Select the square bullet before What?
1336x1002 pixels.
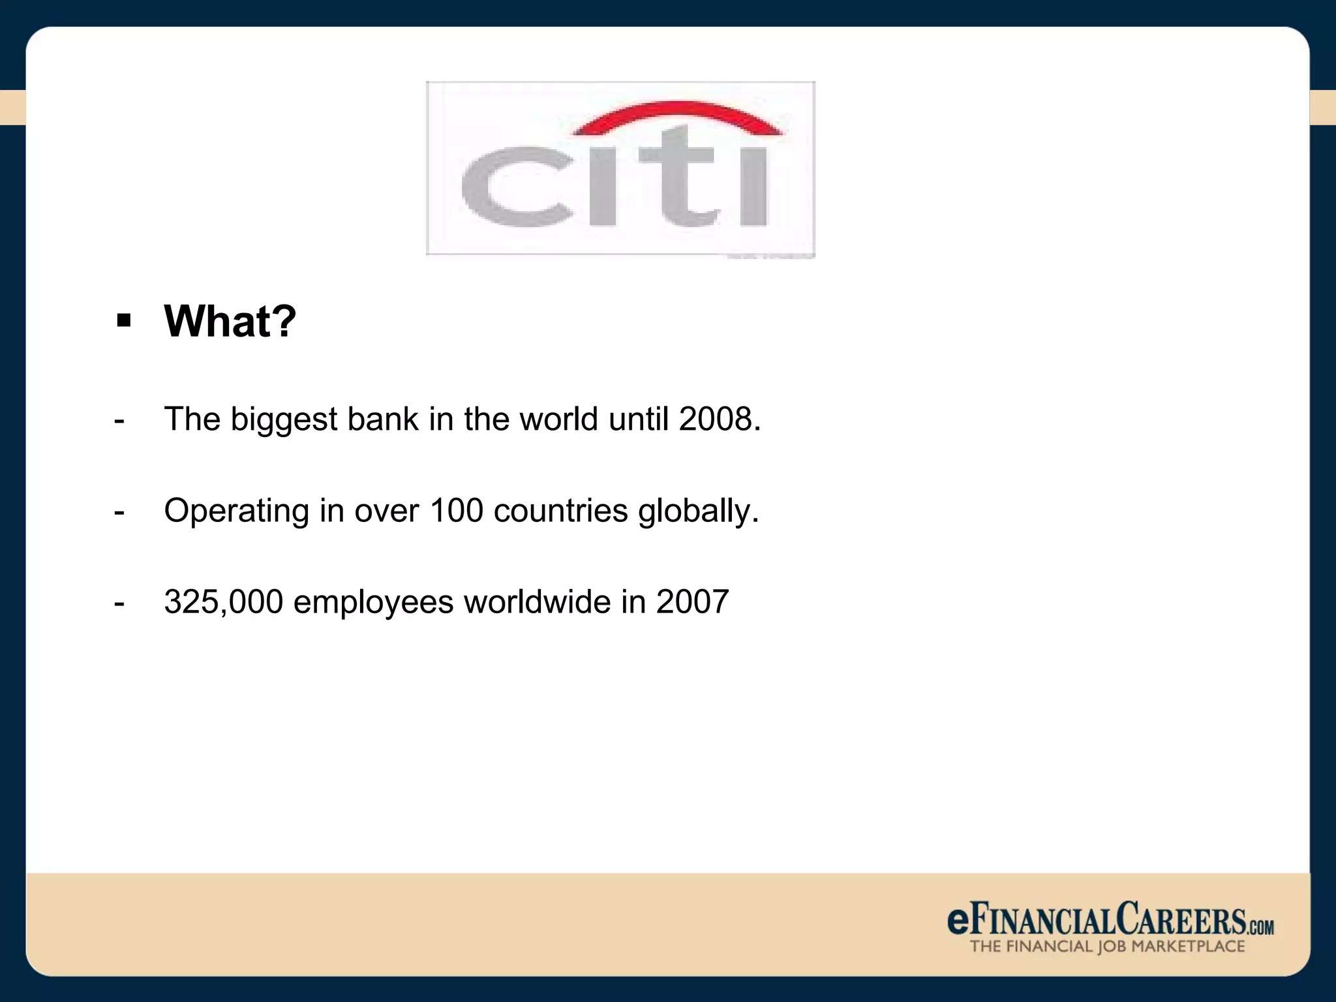click(123, 321)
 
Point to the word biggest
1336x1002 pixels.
click(284, 420)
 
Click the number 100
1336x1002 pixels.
click(456, 510)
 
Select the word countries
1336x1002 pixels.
click(561, 510)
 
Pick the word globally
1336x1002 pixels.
click(699, 511)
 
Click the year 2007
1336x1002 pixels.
click(692, 601)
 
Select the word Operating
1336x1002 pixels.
click(236, 511)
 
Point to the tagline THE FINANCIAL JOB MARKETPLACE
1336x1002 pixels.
click(1107, 947)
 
